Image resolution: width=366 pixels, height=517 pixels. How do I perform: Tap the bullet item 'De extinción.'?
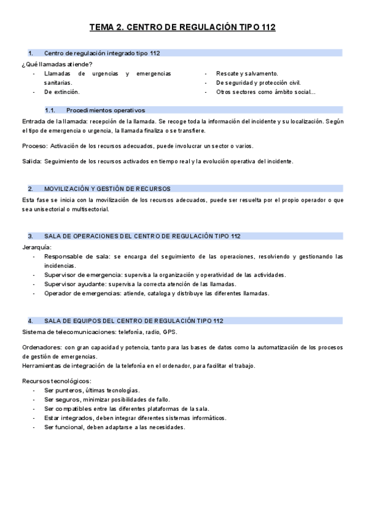click(x=62, y=92)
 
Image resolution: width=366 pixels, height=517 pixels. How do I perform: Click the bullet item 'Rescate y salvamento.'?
click(x=246, y=73)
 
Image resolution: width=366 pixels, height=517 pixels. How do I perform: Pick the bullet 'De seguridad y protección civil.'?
click(x=258, y=83)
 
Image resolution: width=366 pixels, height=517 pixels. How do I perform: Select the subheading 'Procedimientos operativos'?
click(x=106, y=110)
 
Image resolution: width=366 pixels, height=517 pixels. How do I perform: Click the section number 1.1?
click(x=50, y=110)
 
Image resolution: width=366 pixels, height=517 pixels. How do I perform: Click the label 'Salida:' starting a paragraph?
click(x=32, y=162)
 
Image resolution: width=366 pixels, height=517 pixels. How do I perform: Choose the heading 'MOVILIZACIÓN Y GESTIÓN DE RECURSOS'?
click(x=107, y=189)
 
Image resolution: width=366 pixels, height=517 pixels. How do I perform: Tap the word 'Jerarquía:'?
click(x=37, y=247)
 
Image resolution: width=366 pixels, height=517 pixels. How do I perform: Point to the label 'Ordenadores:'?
click(x=41, y=348)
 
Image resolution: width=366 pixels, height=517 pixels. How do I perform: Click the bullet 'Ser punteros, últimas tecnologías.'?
click(x=91, y=390)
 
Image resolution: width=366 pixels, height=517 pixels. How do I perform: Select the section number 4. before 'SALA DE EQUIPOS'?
click(x=30, y=321)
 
